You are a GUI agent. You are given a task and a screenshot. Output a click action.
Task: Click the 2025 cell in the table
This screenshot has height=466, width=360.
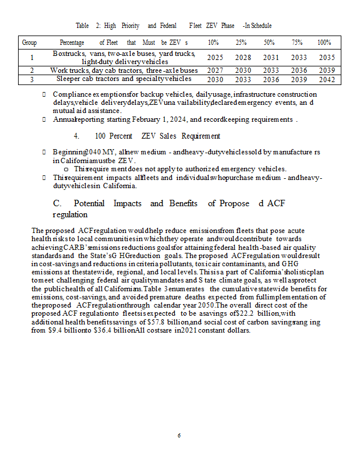216,58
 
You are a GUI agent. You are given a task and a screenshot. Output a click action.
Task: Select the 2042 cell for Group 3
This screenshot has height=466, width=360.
327,79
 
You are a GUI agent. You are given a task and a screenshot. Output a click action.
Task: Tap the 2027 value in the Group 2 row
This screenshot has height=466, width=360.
216,70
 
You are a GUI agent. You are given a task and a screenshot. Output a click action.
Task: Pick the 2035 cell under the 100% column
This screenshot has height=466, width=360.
327,58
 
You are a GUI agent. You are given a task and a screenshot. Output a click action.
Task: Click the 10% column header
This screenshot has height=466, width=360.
214,43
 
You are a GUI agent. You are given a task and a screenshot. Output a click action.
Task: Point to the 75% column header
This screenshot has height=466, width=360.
297,43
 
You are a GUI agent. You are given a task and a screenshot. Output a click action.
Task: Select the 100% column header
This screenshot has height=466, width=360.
324,43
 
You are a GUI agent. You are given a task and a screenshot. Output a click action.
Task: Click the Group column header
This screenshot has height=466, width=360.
29,43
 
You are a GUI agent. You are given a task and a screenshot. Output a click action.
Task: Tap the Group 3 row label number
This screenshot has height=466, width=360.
32,79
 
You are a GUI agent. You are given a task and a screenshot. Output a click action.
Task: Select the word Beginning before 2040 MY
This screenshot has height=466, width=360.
68,151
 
